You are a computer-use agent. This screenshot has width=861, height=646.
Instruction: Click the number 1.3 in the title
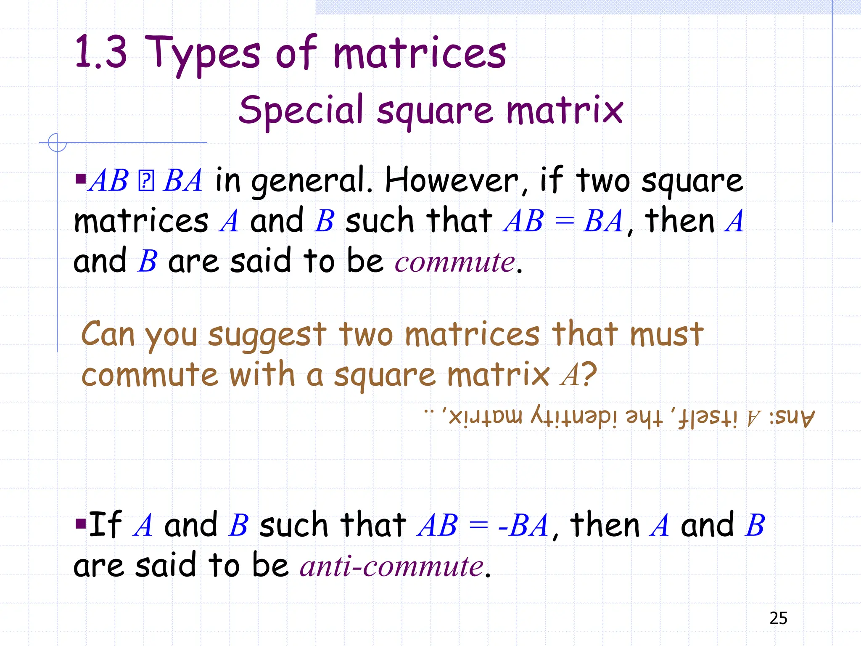[100, 52]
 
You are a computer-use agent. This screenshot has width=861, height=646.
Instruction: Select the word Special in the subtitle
[301, 110]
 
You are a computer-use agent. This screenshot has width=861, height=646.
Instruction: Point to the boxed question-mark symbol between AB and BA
[146, 181]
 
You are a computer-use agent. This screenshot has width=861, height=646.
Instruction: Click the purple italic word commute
[455, 262]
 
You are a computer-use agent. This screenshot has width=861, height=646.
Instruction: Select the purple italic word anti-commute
[392, 566]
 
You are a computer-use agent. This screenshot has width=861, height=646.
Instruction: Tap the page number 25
[778, 618]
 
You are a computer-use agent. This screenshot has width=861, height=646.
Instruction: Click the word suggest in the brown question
[267, 336]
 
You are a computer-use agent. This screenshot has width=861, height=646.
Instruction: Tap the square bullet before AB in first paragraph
[80, 179]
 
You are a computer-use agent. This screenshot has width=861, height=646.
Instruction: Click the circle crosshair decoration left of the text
[57, 143]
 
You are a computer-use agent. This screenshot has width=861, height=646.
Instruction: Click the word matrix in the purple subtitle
[564, 110]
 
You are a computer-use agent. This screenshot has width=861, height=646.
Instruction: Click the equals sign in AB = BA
[564, 221]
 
